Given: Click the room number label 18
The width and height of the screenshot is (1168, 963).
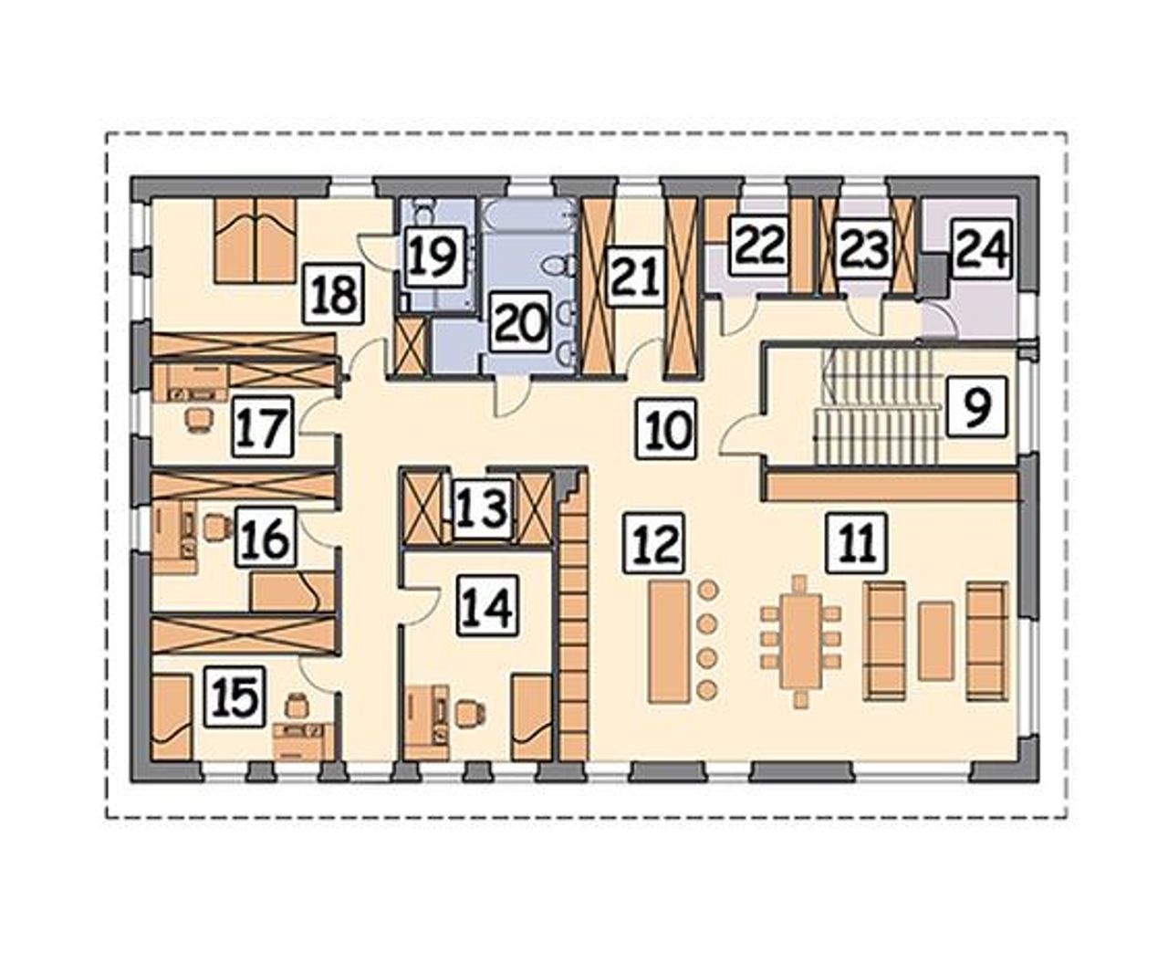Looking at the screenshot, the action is point(335,294).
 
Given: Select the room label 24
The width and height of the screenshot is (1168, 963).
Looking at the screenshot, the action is point(982,248).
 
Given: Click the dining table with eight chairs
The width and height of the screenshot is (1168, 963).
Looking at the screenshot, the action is point(801,642).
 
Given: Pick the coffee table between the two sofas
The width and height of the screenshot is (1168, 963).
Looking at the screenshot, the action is point(936,642).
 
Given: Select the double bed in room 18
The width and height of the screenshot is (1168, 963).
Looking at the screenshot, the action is point(255,241).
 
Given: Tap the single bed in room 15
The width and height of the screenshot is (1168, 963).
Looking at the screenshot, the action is point(172,717).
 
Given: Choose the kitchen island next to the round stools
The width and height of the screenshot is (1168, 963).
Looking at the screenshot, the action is point(669,642).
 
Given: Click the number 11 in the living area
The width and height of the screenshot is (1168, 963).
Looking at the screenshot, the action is point(858,542).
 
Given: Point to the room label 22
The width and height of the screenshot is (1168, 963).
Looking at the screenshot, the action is point(759,246).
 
